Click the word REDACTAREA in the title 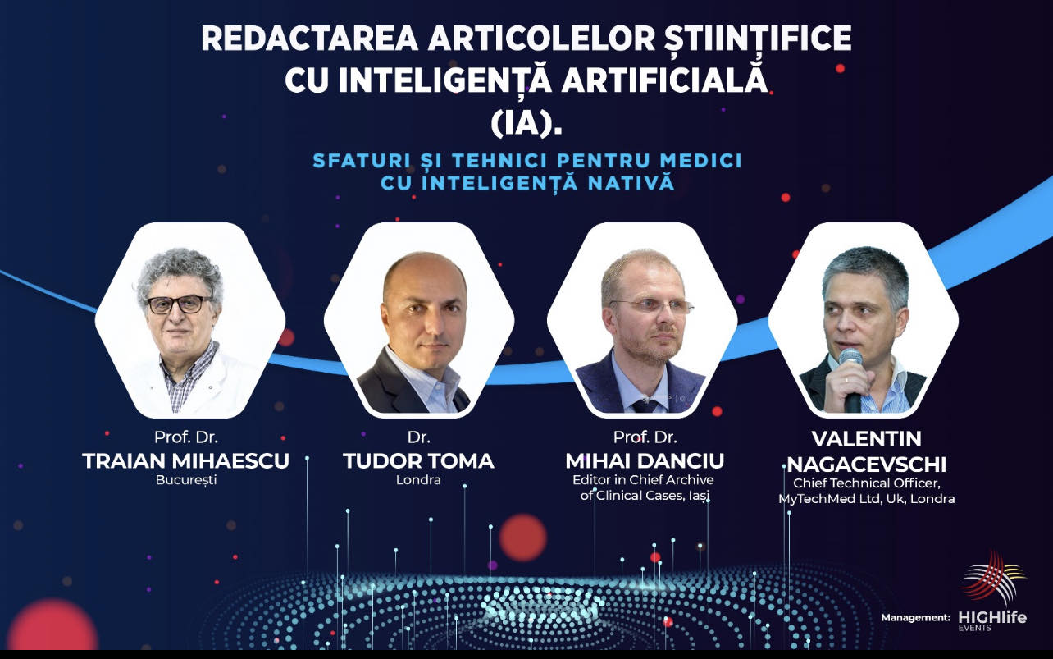[x=310, y=39]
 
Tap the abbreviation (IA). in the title [x=526, y=124]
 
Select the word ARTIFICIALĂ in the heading [x=664, y=79]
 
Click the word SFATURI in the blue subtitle [x=362, y=161]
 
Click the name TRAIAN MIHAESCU [x=185, y=461]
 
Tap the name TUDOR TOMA [x=418, y=461]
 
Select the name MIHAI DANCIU [x=645, y=461]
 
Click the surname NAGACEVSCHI [x=866, y=465]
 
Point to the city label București [x=186, y=480]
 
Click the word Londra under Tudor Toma [x=418, y=480]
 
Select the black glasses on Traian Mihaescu [x=179, y=304]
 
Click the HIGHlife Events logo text [x=992, y=620]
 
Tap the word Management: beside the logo [x=915, y=618]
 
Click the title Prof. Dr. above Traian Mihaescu [x=186, y=437]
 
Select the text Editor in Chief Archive [x=643, y=480]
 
